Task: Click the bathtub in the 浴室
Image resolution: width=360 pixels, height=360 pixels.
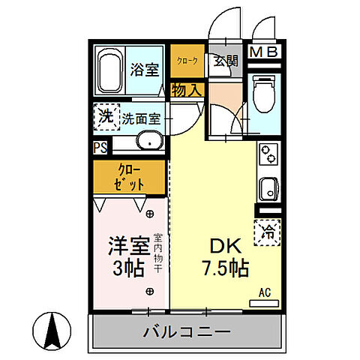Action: [109, 70]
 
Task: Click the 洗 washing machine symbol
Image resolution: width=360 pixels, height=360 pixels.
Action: [106, 116]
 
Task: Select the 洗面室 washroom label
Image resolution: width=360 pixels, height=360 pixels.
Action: [142, 118]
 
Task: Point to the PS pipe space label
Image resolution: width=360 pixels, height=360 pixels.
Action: [100, 148]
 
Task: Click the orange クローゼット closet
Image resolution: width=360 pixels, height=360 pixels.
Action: [129, 177]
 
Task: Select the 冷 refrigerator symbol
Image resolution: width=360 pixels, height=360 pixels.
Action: [267, 232]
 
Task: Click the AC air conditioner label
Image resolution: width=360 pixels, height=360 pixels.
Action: [264, 292]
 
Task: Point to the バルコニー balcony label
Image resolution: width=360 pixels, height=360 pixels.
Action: [184, 330]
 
